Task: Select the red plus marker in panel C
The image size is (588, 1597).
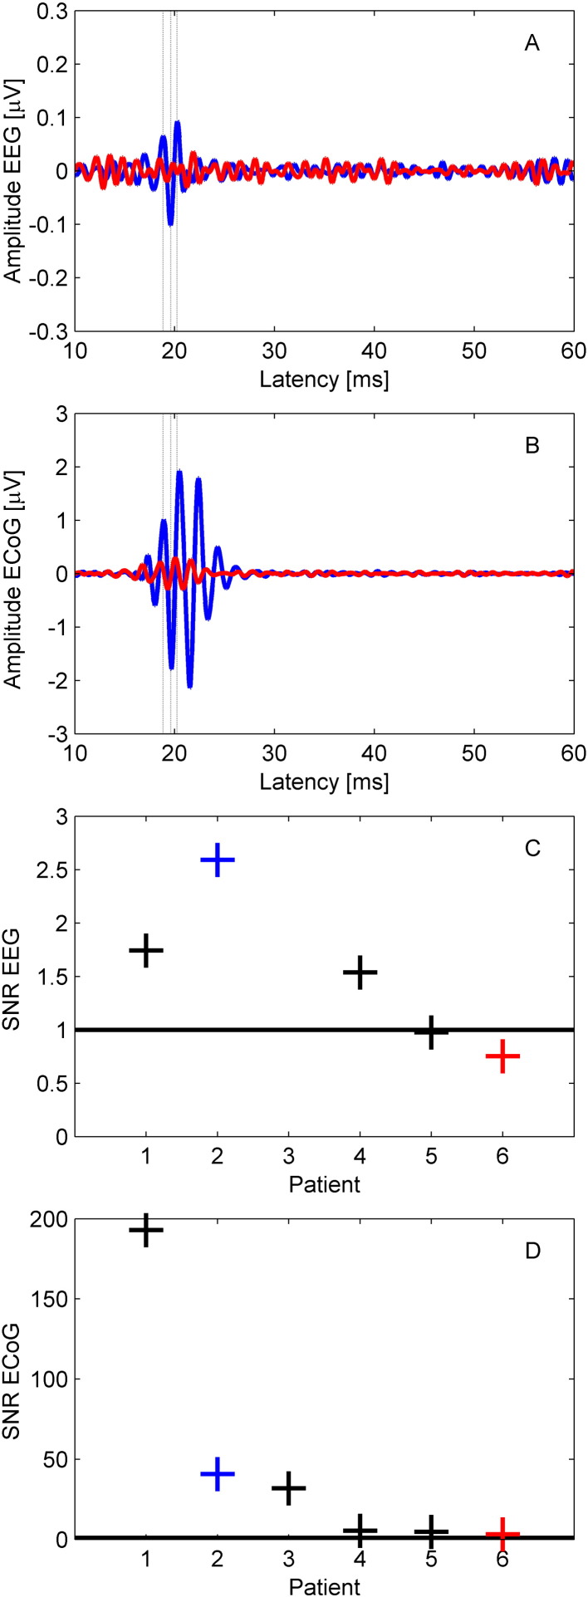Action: (x=502, y=1056)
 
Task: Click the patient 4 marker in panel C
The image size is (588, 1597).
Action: (x=360, y=972)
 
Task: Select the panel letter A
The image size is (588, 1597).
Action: (x=532, y=44)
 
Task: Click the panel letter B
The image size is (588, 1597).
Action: (x=532, y=445)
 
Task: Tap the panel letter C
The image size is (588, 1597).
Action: (x=532, y=848)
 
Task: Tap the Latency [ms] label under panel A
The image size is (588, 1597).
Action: (x=324, y=380)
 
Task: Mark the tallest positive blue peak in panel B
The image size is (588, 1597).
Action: (x=179, y=472)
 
